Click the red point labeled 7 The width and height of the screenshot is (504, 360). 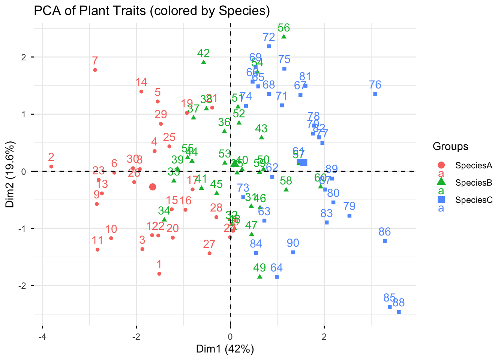(95, 70)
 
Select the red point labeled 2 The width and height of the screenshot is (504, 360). (51, 166)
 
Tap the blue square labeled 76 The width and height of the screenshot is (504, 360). (375, 94)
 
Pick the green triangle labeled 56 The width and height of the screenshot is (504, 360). (284, 36)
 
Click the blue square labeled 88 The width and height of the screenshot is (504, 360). (399, 312)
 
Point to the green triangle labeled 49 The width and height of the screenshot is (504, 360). (259, 277)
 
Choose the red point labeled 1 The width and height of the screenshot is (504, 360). (159, 274)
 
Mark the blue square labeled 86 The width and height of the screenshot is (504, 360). (385, 241)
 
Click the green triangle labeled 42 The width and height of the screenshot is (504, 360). (204, 62)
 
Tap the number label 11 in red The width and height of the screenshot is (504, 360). (97, 240)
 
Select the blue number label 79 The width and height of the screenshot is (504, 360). (349, 206)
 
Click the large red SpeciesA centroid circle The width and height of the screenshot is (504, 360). (153, 187)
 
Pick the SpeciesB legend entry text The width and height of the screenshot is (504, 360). (474, 183)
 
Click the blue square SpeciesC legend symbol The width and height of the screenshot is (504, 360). (441, 199)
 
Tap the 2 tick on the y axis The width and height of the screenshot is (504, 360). (23, 57)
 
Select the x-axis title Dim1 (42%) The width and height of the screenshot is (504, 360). (225, 349)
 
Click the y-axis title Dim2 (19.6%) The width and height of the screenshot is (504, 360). (10, 174)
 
